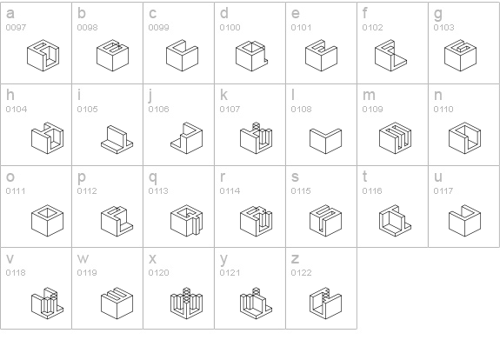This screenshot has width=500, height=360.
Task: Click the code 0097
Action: click(x=16, y=28)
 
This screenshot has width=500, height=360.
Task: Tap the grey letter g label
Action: click(x=438, y=14)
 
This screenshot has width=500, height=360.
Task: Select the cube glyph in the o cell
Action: click(x=48, y=221)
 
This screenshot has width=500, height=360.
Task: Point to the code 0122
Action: click(x=301, y=273)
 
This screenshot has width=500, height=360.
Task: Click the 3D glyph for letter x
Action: click(x=187, y=303)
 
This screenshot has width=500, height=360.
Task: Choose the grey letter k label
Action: click(x=223, y=95)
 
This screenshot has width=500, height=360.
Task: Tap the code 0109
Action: click(x=372, y=110)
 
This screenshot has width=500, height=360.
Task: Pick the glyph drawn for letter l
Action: click(x=325, y=141)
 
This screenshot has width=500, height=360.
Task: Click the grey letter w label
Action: click(x=83, y=258)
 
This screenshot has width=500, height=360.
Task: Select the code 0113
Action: click(x=158, y=191)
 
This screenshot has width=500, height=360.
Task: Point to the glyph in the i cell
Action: click(x=117, y=139)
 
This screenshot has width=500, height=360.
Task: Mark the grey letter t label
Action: click(x=365, y=177)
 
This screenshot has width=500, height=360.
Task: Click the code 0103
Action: click(x=443, y=28)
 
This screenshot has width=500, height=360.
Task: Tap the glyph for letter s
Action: click(x=325, y=221)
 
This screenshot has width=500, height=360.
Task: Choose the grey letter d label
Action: click(x=224, y=13)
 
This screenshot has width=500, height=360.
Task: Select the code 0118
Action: click(x=16, y=273)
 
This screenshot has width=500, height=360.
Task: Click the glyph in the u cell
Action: click(x=464, y=221)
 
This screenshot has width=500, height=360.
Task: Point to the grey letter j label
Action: click(x=150, y=96)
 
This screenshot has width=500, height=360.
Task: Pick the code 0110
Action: click(x=443, y=110)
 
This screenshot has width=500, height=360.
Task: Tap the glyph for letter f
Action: click(x=390, y=56)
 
